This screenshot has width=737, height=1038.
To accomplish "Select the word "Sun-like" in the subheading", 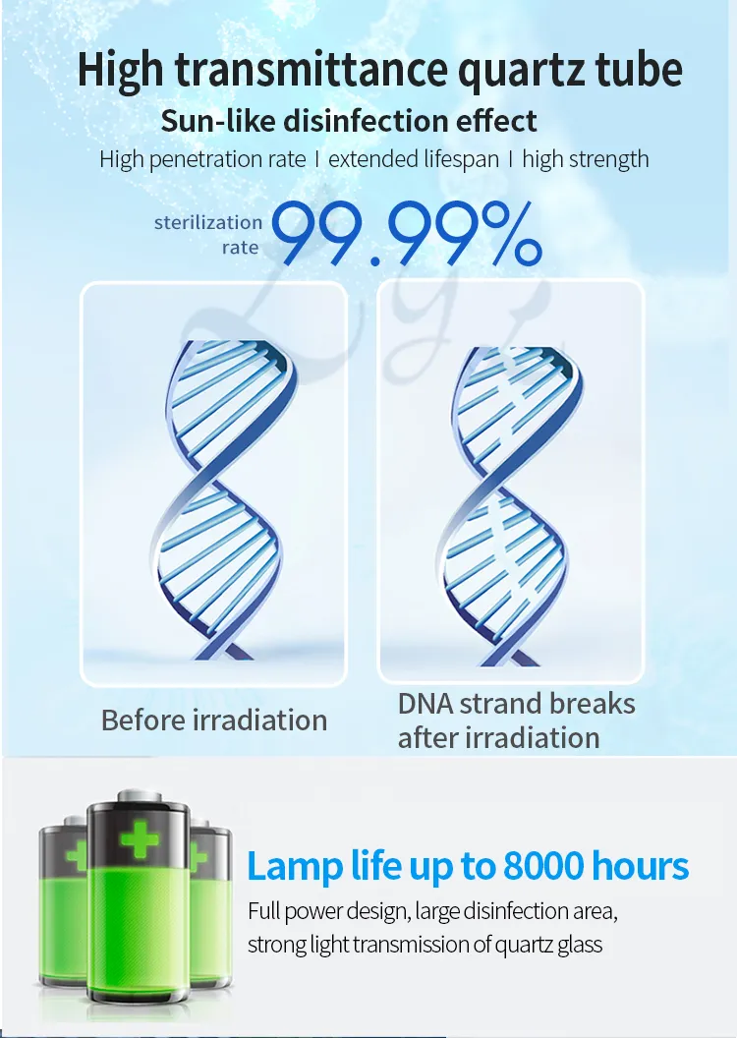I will (x=216, y=121).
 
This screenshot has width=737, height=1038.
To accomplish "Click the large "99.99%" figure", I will (x=406, y=235).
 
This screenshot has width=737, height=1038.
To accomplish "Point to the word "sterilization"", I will (x=208, y=223).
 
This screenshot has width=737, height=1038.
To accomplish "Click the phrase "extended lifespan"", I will (x=414, y=159).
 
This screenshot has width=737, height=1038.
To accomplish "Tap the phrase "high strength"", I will (x=586, y=159).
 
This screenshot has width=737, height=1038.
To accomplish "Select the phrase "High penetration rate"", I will (x=202, y=159).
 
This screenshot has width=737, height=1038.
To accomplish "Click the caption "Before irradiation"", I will (x=214, y=720).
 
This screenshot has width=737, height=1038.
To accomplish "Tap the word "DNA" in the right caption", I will (x=423, y=704).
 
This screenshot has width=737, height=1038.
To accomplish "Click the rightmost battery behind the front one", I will (x=209, y=885).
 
